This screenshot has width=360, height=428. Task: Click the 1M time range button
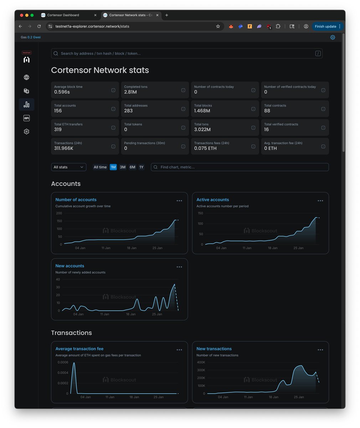click(x=113, y=167)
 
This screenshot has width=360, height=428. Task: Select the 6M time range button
click(x=132, y=167)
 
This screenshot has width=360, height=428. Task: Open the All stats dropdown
click(x=68, y=167)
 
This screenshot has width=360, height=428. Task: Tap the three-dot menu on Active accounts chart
click(x=320, y=201)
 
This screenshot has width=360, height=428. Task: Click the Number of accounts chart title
click(x=76, y=200)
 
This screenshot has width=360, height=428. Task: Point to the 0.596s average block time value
click(x=62, y=92)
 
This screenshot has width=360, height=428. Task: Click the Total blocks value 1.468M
click(x=202, y=111)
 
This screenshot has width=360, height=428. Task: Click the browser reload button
click(x=39, y=26)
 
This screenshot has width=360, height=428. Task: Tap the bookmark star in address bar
click(x=218, y=26)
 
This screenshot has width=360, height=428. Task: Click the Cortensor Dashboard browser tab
click(x=63, y=15)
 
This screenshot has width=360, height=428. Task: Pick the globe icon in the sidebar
click(x=26, y=77)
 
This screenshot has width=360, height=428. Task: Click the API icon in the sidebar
click(x=26, y=118)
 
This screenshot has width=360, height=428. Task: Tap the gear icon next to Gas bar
click(x=332, y=37)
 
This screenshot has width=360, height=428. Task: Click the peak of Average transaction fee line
click(x=74, y=363)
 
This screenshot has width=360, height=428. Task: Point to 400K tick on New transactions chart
click(x=201, y=362)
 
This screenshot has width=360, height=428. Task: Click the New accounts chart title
click(x=70, y=266)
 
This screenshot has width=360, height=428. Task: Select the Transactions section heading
click(x=71, y=333)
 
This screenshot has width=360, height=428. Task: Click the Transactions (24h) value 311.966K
click(x=64, y=148)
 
